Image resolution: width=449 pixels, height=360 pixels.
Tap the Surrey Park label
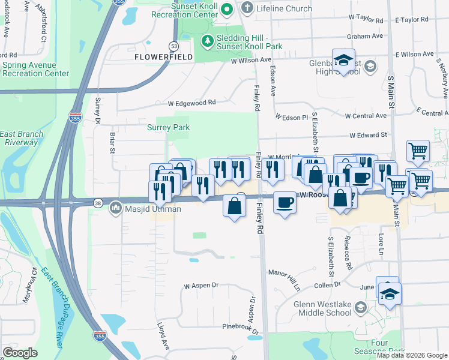pos(168,127)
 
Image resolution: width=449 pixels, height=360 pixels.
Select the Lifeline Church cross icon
pos(246,8)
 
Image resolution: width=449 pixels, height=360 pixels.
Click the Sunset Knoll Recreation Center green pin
pos(226,10)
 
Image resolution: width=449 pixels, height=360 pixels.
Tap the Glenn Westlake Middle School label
pos(322,308)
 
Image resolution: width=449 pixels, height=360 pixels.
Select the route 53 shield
pos(173,46)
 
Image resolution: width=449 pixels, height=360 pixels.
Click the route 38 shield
pos(97,203)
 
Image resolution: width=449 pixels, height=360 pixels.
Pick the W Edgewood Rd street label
pos(191,103)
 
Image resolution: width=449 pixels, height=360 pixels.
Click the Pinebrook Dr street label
pos(240,329)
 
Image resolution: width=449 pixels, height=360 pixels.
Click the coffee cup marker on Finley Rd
pos(285,202)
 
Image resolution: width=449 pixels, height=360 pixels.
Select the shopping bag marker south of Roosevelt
pos(235,206)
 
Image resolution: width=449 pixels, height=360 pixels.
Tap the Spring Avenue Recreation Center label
pos(35,69)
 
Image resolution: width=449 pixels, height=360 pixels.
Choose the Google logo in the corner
pos(20,353)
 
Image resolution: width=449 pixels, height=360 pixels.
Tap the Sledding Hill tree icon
pos(207,41)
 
